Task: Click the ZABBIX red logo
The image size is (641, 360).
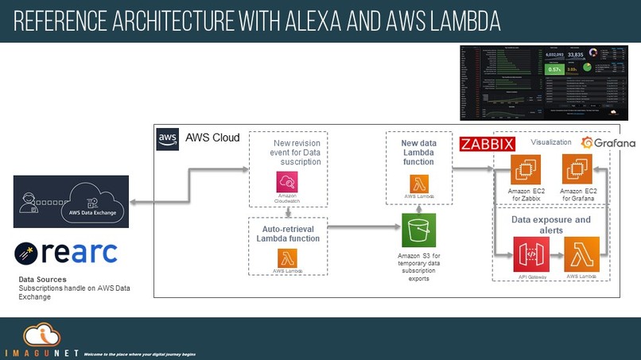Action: [488, 144]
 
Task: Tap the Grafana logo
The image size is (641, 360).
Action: [608, 143]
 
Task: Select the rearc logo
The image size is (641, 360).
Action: [66, 254]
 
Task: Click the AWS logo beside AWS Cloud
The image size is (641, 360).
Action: [168, 137]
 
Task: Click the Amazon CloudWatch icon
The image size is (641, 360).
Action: [286, 181]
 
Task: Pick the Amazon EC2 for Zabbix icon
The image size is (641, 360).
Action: [526, 170]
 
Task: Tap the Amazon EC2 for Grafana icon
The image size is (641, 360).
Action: [577, 170]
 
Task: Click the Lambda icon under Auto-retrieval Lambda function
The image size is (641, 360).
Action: [286, 257]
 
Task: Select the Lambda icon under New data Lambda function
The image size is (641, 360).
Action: [419, 184]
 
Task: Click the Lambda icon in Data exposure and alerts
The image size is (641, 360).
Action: [581, 254]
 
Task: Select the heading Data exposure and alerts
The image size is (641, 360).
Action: [551, 224]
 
